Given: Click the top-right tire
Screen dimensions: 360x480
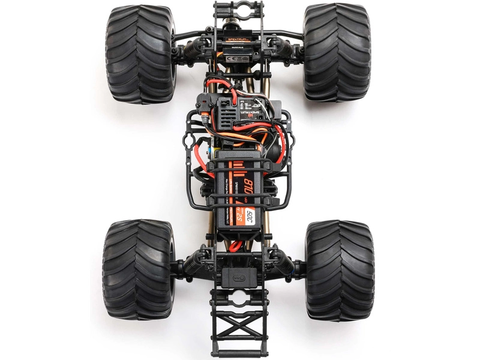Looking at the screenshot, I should [336, 52].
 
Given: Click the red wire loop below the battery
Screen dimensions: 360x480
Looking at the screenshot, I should [235, 244].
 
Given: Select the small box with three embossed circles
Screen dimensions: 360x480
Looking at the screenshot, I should [238, 277].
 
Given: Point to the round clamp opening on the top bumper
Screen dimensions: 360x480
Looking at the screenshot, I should [238, 10].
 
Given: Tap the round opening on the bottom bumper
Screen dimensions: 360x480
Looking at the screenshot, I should [238, 299].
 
